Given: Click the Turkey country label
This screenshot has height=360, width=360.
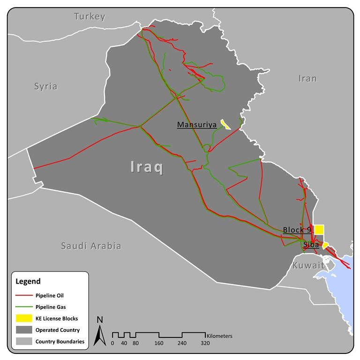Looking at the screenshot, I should point(90,17).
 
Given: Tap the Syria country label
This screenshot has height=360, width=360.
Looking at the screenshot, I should point(45,86).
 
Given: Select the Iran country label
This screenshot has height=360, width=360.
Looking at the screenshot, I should point(307,78).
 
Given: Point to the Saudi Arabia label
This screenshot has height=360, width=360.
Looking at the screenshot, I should point(91,246).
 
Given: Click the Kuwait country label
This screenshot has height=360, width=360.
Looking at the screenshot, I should point(308,265).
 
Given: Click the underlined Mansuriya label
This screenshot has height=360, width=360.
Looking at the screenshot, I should point(196,125).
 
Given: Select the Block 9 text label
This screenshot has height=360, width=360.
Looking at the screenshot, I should point(297,230).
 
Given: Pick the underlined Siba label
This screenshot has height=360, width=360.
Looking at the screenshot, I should point(311,245).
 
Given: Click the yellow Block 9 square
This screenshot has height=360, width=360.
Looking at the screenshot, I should point(319,229).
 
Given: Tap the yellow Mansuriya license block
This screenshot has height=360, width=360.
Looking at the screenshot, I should point(225,124).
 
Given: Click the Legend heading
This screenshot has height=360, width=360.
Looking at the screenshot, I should point(28,282).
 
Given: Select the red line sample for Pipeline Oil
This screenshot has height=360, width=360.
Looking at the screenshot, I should point(24,296).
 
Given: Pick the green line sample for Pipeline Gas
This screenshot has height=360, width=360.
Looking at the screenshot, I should point(24,307).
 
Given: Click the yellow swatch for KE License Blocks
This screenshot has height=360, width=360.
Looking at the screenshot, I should point(24,318).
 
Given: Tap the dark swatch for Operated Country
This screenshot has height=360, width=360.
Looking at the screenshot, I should point(24,330).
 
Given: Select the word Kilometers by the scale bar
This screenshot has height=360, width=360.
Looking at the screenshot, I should point(219,336).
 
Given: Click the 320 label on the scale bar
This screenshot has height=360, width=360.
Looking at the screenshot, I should point(205,343).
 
